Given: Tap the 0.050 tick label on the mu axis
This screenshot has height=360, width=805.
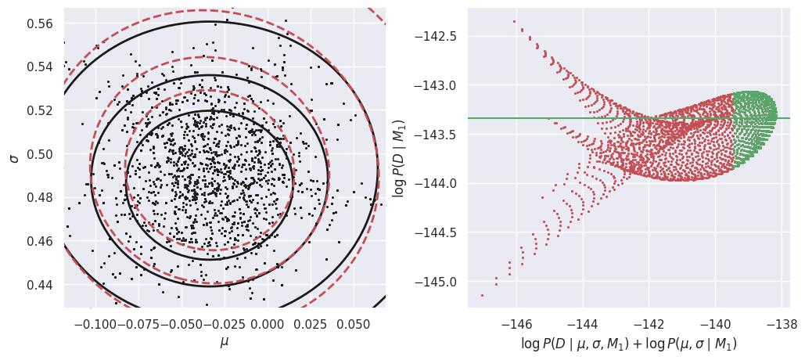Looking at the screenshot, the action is [x=353, y=325].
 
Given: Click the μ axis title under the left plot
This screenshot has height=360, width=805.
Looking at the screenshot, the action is [x=225, y=343].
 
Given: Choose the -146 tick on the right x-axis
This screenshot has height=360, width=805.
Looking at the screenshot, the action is [x=516, y=325].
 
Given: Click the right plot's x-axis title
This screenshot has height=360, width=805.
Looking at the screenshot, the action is [x=629, y=344].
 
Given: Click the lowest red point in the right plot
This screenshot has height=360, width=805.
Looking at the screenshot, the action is [x=482, y=295].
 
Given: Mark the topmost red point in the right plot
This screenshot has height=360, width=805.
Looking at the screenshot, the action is [x=514, y=22].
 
